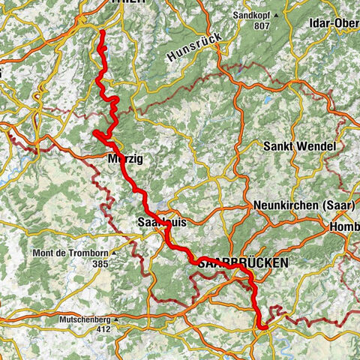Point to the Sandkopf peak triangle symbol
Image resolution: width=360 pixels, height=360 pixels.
click(x=277, y=15)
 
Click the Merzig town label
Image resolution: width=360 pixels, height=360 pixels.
click(x=124, y=160)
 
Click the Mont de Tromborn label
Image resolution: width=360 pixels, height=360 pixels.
click(x=68, y=253)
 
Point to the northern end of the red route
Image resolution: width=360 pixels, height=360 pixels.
click(x=101, y=31)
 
